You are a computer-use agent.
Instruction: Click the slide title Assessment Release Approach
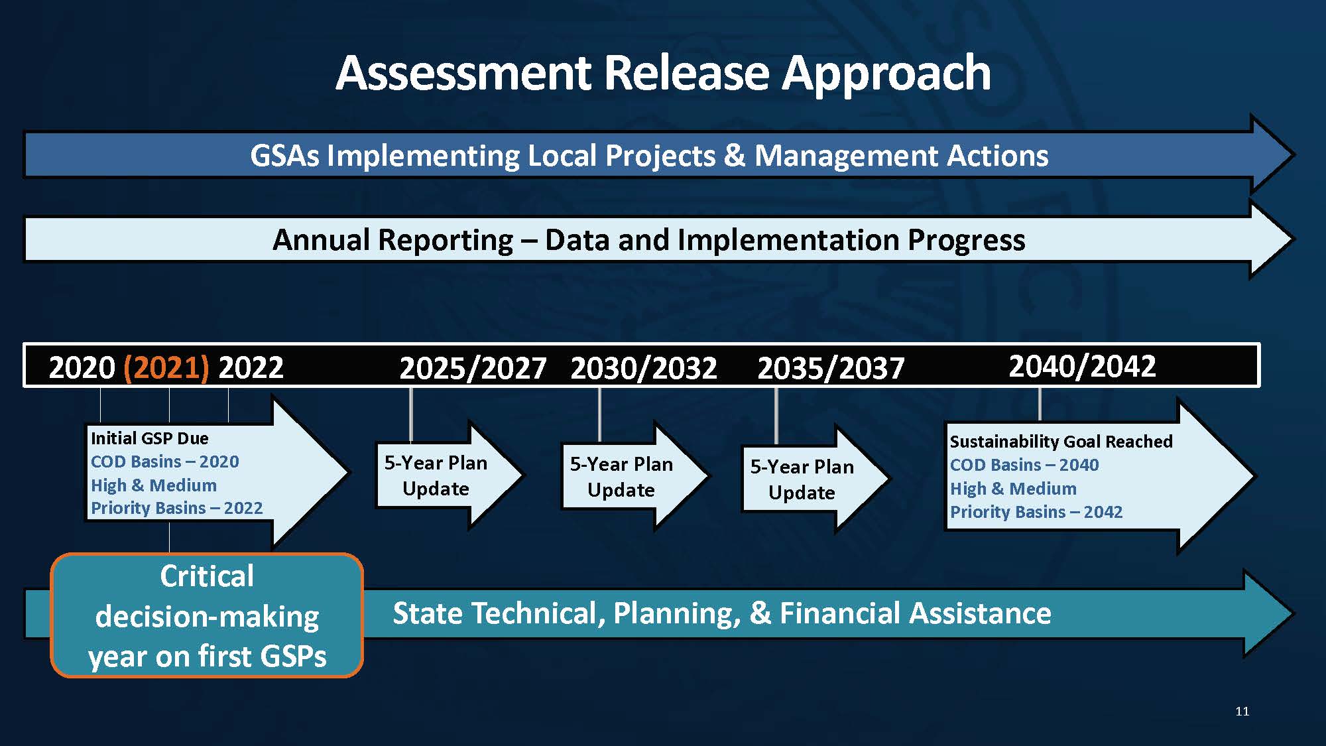(663, 72)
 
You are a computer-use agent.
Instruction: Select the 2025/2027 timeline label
(473, 369)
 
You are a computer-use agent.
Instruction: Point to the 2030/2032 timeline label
(644, 369)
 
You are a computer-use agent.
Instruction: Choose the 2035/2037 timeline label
(831, 369)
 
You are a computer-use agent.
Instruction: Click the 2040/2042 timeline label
(1082, 366)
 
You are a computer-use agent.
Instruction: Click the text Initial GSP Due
(149, 438)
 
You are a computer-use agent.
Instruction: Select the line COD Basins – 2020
(164, 462)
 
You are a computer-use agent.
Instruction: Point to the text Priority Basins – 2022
(176, 508)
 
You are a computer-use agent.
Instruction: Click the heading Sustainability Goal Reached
(1061, 442)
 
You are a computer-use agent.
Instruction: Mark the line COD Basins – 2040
(1024, 465)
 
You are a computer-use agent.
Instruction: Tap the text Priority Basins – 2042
(1036, 512)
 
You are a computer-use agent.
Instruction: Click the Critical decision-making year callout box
(207, 615)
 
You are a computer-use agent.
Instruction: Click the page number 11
(1242, 712)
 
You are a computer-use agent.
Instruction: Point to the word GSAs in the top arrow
(284, 156)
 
